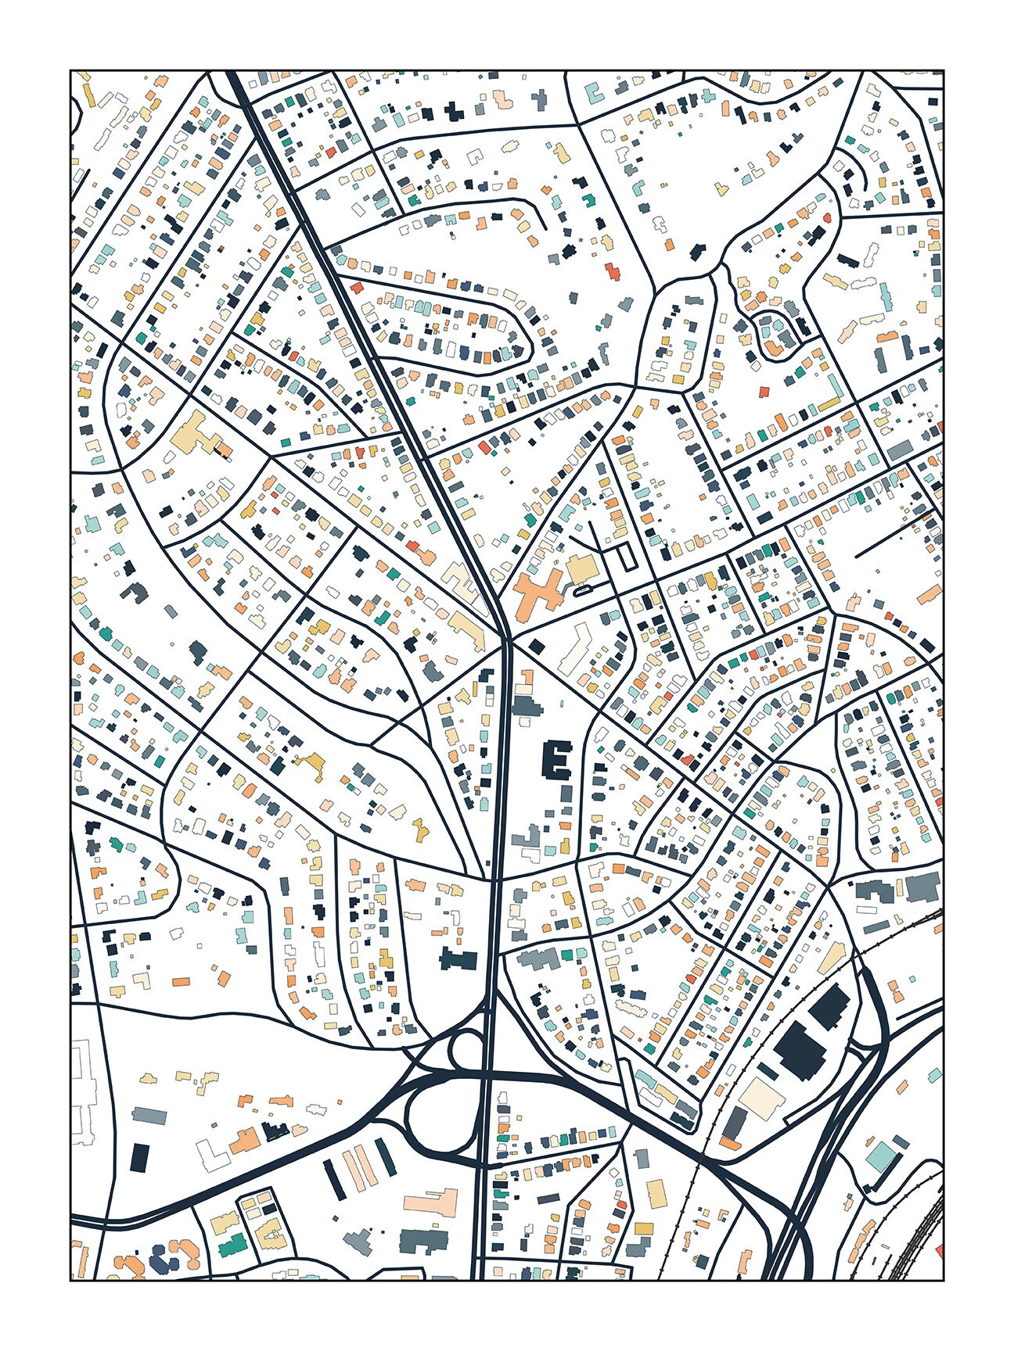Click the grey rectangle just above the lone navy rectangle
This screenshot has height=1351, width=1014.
point(149,1115)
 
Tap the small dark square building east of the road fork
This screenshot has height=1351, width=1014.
point(537,646)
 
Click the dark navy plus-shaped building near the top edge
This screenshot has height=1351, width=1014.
point(453,111)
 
